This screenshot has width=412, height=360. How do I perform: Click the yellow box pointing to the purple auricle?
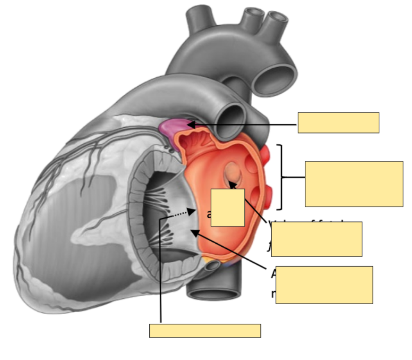pyautogui.click(x=338, y=123)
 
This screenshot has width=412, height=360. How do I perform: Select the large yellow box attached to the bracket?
pyautogui.click(x=354, y=184)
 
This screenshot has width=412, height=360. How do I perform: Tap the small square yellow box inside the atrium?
pyautogui.click(x=227, y=207)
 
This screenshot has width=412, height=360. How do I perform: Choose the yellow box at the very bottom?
pyautogui.click(x=205, y=330)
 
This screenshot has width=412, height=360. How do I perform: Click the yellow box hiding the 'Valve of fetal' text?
pyautogui.click(x=316, y=239)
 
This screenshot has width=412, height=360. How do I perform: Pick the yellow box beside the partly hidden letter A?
pyautogui.click(x=324, y=285)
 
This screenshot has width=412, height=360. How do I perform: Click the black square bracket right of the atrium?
pyautogui.click(x=281, y=177)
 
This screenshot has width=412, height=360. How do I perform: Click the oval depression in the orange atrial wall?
pyautogui.click(x=233, y=174)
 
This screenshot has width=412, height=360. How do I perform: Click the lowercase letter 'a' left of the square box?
pyautogui.click(x=209, y=214)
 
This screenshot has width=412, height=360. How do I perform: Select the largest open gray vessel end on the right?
pyautogui.click(x=277, y=80)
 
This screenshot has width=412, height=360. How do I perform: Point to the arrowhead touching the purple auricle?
pyautogui.click(x=190, y=125)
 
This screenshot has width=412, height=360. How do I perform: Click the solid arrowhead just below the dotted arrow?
pyautogui.click(x=194, y=233)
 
